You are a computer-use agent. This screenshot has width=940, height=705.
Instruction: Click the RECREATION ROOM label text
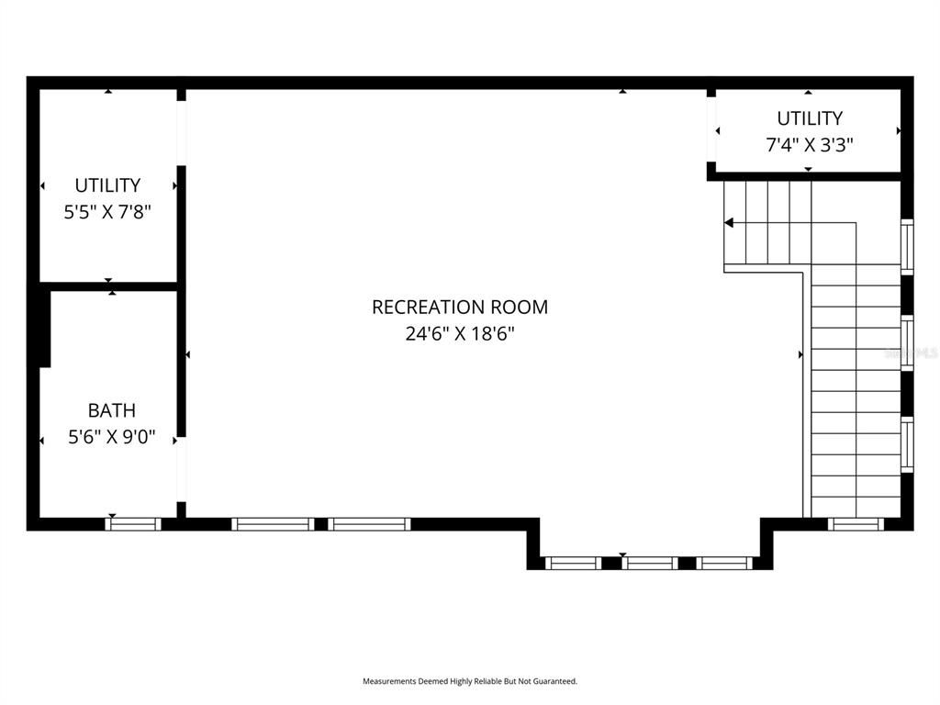(x=459, y=307)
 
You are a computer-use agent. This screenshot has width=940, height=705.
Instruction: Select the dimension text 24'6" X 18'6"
(x=459, y=333)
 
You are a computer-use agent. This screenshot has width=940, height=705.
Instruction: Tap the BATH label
(x=111, y=410)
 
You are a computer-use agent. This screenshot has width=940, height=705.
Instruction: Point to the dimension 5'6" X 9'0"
(x=111, y=438)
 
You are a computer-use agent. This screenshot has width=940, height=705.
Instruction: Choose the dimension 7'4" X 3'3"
(x=809, y=145)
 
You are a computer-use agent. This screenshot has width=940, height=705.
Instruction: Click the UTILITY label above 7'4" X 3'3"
(x=809, y=118)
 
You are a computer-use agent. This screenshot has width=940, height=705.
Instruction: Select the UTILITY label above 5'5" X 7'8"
(x=107, y=185)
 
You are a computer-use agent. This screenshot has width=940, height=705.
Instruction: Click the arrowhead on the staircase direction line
(x=729, y=222)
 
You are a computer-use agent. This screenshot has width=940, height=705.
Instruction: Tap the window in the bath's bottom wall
(x=133, y=524)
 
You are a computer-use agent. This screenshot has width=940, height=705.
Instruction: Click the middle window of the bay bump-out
(x=650, y=563)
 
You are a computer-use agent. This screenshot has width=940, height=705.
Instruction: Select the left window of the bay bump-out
(x=574, y=563)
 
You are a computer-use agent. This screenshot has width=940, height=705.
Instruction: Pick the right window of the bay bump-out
(x=724, y=563)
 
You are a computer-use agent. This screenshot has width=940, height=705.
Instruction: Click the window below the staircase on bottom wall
(x=855, y=524)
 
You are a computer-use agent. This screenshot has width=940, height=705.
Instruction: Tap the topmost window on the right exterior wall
(x=907, y=246)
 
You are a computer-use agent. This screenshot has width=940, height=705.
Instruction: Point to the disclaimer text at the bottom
(x=469, y=681)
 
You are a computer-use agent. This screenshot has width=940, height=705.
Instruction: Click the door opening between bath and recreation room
(x=181, y=468)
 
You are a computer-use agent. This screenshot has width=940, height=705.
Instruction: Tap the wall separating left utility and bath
(x=107, y=286)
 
